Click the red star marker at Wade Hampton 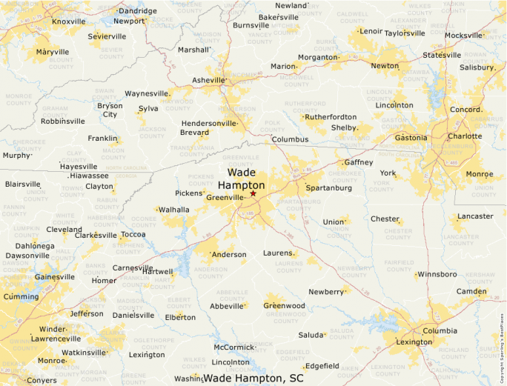click(253, 193)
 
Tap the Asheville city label click(207, 80)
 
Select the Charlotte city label click(464, 136)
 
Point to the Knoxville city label click(68, 21)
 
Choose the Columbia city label click(440, 330)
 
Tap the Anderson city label click(229, 255)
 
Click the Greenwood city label click(285, 305)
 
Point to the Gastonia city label click(410, 138)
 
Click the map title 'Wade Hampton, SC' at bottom click(253, 378)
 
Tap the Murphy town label click(16, 156)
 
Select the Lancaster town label click(475, 216)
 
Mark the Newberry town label click(326, 292)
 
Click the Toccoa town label click(133, 235)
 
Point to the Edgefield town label click(322, 366)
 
